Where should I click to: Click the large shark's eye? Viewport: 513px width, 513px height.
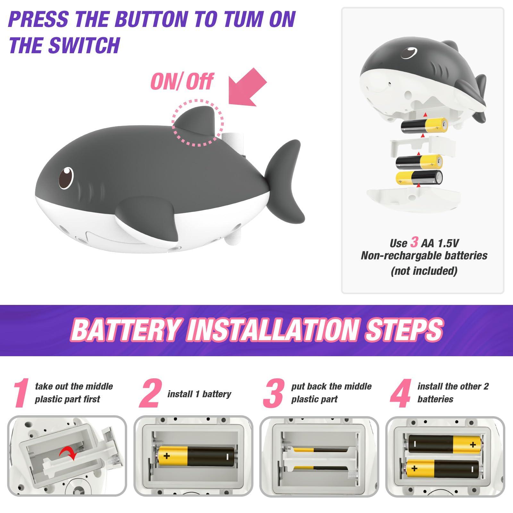(x=66, y=177)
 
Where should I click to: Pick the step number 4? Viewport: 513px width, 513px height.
(x=401, y=393)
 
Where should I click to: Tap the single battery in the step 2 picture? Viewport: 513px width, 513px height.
(x=196, y=456)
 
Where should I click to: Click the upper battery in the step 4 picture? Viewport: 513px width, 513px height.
(x=445, y=444)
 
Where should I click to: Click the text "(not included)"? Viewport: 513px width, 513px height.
(x=424, y=271)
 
